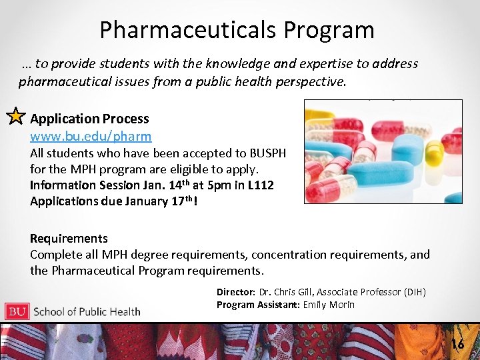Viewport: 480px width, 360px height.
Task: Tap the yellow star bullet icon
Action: point(15,117)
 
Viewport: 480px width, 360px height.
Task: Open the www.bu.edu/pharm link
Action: point(91,136)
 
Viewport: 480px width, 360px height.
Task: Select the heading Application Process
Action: point(89,119)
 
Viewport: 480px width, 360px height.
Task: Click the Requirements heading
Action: point(69,238)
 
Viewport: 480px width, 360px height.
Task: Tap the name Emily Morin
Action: point(329,305)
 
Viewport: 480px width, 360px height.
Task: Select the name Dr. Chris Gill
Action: point(287,292)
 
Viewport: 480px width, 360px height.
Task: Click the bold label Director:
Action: point(236,292)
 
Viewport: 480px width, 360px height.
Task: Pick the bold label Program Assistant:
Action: point(258,305)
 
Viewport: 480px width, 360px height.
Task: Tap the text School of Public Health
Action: point(87,311)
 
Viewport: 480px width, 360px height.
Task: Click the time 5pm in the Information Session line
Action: point(199,185)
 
